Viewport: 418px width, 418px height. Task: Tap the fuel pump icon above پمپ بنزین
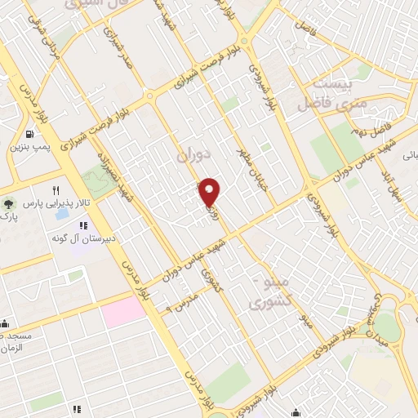tap(30, 135)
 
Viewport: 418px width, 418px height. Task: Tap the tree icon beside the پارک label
tap(8, 204)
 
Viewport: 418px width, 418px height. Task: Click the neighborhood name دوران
tap(193, 153)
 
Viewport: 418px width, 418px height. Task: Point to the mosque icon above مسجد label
tap(4, 322)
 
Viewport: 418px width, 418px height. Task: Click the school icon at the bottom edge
tap(77, 409)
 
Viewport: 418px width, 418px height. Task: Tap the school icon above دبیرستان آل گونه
tap(82, 225)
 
